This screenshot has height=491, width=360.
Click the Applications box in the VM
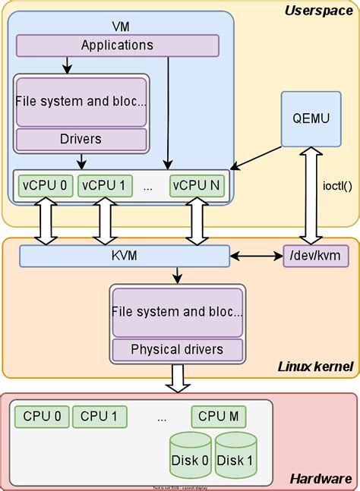pyautogui.click(x=117, y=45)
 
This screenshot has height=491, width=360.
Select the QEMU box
pyautogui.click(x=309, y=118)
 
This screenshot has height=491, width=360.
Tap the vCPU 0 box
pyautogui.click(x=42, y=185)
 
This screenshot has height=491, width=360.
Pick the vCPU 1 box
pyautogui.click(x=104, y=185)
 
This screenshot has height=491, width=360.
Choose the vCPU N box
pyautogui.click(x=197, y=185)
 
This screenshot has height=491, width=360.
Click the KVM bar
pyautogui.click(x=125, y=257)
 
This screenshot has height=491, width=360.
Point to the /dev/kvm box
pyautogui.click(x=315, y=257)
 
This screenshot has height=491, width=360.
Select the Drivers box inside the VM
pyautogui.click(x=81, y=139)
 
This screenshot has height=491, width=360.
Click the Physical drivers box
pyautogui.click(x=177, y=349)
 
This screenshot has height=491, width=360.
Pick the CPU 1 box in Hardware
pyautogui.click(x=99, y=416)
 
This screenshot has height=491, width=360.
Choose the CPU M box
pyautogui.click(x=218, y=416)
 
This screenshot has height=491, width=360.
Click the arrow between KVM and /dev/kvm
pyautogui.click(x=256, y=257)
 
